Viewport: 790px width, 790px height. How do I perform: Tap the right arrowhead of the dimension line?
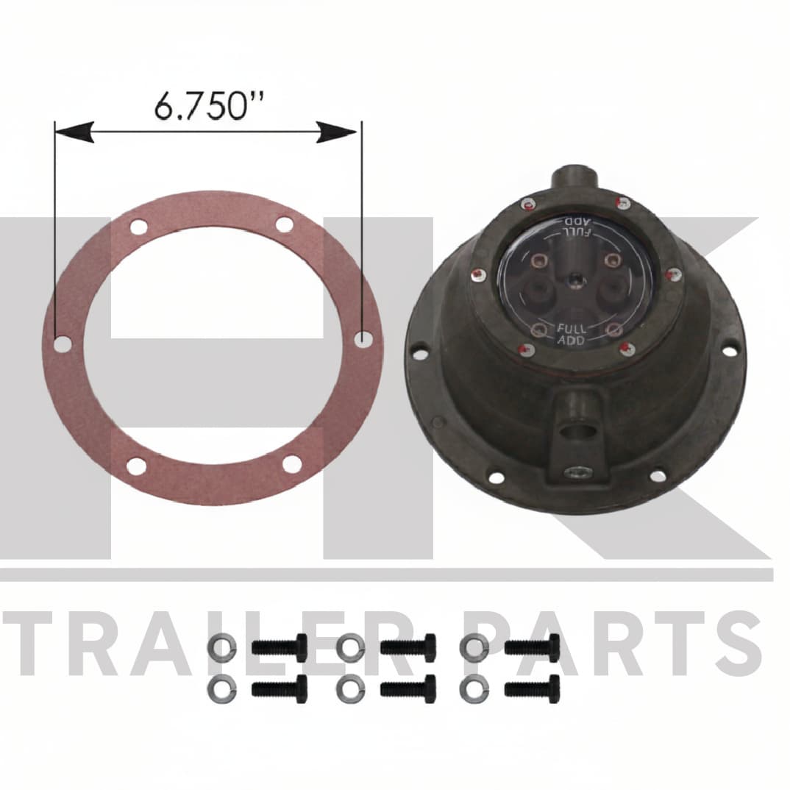(x=336, y=132)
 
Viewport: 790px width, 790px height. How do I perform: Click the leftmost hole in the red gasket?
(x=63, y=344)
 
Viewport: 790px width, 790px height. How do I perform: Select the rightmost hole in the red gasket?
(x=362, y=338)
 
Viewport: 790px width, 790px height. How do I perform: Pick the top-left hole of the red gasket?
(x=139, y=226)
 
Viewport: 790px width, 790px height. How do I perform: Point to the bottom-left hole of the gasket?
(x=137, y=466)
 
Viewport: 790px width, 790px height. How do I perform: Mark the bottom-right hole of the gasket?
(x=292, y=463)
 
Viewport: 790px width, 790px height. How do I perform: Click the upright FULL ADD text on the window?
(x=572, y=335)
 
